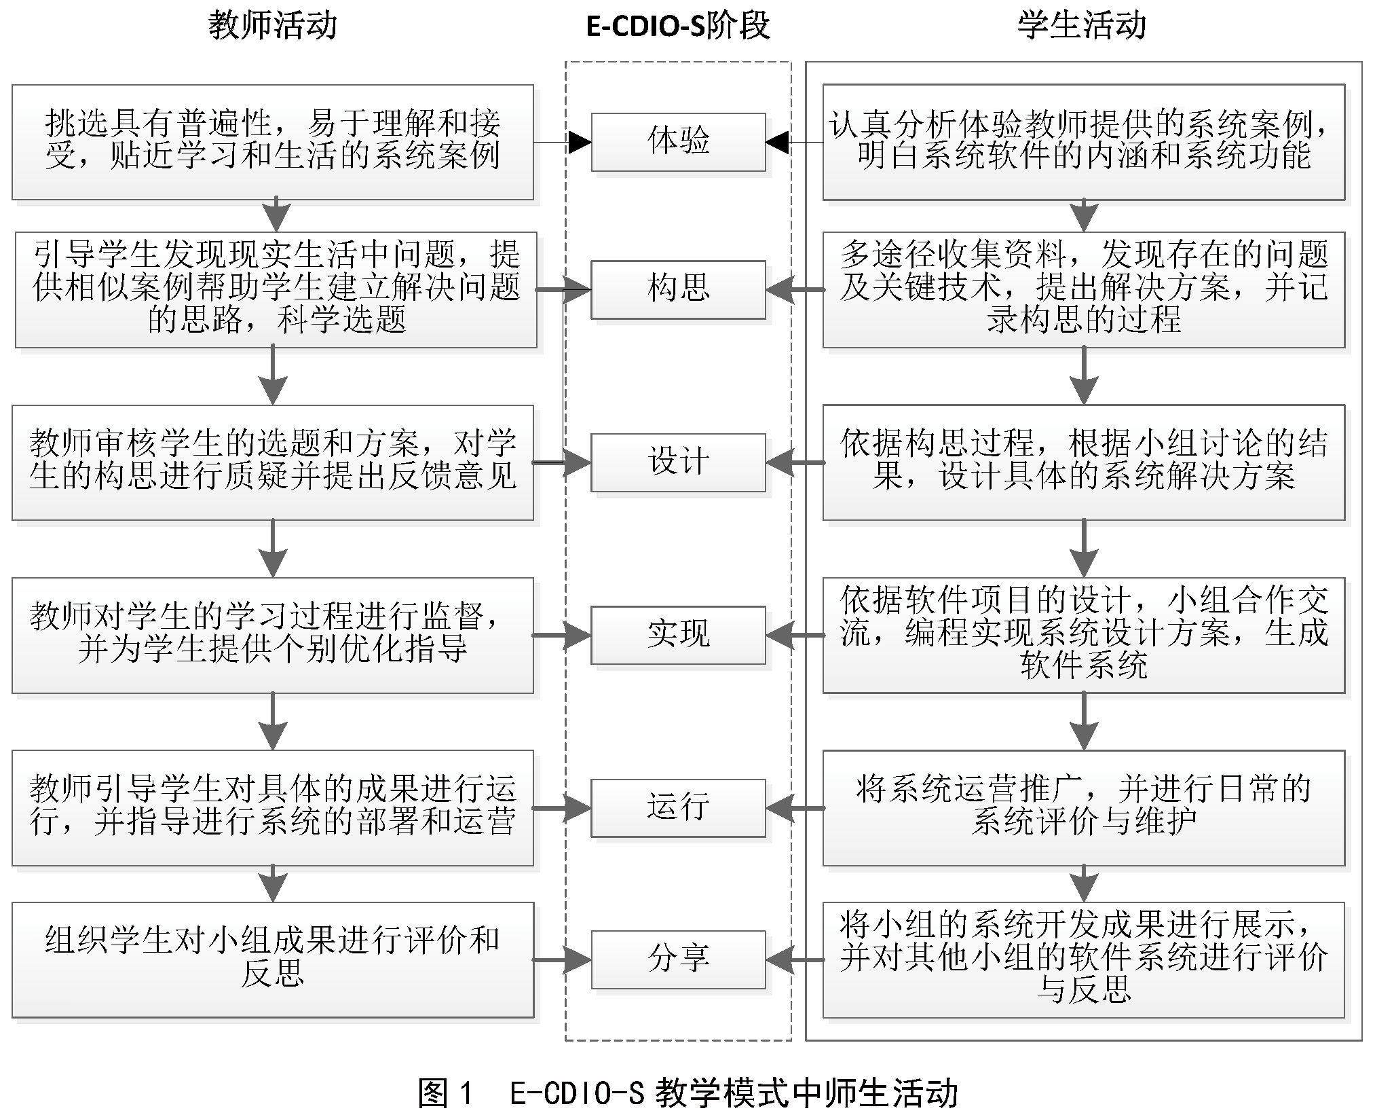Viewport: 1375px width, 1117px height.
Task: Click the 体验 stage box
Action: (x=678, y=142)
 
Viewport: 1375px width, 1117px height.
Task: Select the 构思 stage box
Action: (x=678, y=289)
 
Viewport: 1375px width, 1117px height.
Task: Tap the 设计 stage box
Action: (x=678, y=462)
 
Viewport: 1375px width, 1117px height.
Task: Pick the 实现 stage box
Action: (x=678, y=635)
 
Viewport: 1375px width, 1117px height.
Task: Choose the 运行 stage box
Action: (x=678, y=808)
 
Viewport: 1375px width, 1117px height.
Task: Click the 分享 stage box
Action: (x=678, y=959)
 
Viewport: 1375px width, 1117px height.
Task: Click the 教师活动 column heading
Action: (x=272, y=26)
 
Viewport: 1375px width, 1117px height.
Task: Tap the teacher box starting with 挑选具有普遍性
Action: (x=272, y=142)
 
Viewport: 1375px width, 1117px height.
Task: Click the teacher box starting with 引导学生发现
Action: (x=276, y=290)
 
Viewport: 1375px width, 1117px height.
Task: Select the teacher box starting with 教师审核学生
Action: (x=272, y=462)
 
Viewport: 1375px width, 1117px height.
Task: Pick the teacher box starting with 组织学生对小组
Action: (x=272, y=959)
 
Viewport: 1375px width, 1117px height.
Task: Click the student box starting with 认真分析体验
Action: (x=1083, y=142)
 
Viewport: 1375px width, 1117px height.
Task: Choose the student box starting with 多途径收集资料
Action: (x=1083, y=290)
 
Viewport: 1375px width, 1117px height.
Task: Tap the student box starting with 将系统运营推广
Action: (x=1083, y=808)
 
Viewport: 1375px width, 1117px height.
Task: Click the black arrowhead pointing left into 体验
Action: (x=777, y=143)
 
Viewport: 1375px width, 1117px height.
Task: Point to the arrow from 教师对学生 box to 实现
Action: (x=562, y=636)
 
